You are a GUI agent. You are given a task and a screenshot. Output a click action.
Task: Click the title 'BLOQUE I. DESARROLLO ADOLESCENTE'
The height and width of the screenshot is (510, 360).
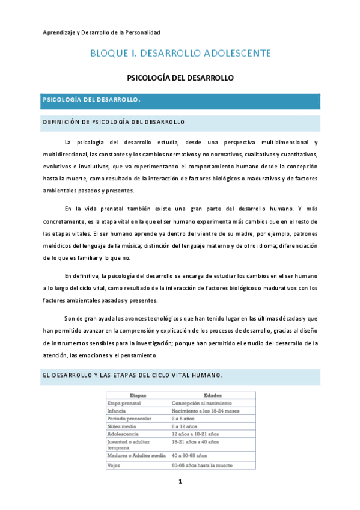180,54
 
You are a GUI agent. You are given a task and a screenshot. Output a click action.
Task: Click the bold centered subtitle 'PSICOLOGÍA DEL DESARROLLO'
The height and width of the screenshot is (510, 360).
180,78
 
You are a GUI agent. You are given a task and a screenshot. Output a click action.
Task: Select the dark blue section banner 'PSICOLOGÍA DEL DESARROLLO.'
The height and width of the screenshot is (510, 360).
180,99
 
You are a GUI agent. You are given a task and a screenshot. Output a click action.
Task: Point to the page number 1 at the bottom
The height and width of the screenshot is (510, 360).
180,482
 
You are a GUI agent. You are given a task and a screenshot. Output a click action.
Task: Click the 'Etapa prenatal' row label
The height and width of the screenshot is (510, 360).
124,402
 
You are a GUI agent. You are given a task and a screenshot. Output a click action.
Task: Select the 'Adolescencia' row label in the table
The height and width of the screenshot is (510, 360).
123,432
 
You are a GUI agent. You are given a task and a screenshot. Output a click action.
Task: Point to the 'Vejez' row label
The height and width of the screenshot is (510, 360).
114,465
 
